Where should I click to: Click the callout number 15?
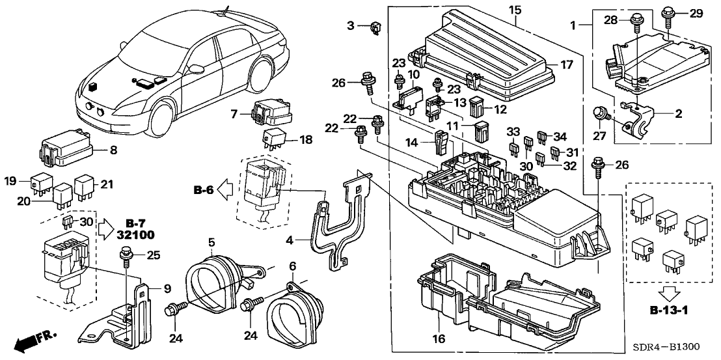click(x=515, y=11)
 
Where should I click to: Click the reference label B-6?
click(x=203, y=190)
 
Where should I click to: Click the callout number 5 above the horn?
click(x=211, y=242)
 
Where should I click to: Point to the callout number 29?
click(x=697, y=14)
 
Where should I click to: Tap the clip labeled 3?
click(x=375, y=27)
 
